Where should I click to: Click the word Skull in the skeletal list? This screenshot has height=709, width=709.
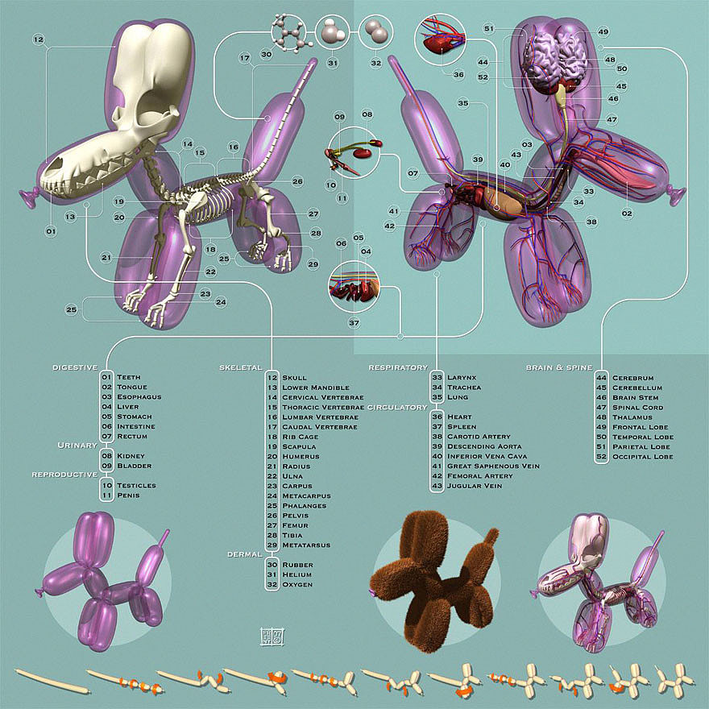click(x=294, y=378)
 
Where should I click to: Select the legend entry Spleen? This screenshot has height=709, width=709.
click(x=462, y=426)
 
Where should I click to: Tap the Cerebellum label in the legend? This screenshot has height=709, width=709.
click(x=637, y=388)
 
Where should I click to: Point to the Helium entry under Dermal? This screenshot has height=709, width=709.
click(x=297, y=574)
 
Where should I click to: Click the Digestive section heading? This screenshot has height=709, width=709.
click(x=75, y=367)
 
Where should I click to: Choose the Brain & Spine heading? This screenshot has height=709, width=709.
click(x=559, y=367)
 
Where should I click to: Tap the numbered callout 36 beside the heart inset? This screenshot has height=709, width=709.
click(x=458, y=74)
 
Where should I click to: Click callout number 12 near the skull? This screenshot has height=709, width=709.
click(x=39, y=39)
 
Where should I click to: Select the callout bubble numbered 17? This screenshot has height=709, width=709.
click(x=245, y=58)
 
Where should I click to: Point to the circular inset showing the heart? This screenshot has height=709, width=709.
click(x=440, y=39)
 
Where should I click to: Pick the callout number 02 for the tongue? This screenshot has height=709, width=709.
click(x=627, y=214)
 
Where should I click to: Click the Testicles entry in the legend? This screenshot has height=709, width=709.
click(x=136, y=485)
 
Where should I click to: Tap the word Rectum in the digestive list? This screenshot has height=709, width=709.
click(x=132, y=437)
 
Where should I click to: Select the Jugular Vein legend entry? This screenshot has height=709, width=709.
click(x=475, y=486)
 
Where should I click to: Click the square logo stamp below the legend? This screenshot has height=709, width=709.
click(x=272, y=636)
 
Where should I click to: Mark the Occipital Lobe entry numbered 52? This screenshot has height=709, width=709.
click(x=643, y=457)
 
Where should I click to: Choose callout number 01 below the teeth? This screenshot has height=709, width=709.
click(x=51, y=231)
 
